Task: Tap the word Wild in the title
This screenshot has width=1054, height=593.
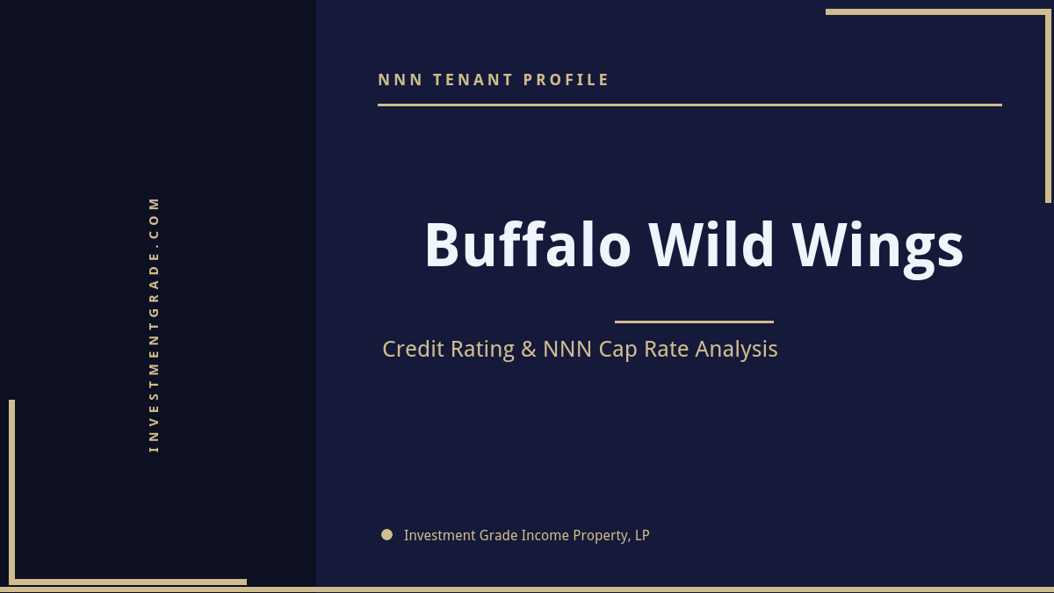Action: tap(711, 245)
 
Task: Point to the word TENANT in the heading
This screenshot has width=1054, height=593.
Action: tap(473, 80)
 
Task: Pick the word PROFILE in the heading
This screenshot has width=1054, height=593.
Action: tap(567, 80)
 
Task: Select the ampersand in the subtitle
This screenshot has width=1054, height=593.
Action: tap(528, 350)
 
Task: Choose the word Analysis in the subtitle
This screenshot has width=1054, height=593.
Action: tap(736, 350)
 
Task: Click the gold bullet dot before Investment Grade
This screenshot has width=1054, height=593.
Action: tap(386, 534)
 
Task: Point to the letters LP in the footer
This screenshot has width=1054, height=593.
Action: tap(642, 535)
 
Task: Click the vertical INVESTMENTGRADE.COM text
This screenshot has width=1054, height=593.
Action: tap(155, 324)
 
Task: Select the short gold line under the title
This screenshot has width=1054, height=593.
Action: tap(694, 322)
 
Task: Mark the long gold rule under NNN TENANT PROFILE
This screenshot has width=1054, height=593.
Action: tap(689, 105)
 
